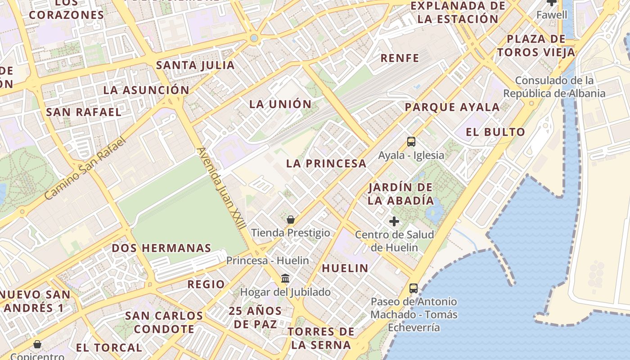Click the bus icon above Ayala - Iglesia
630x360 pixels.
[x=411, y=142]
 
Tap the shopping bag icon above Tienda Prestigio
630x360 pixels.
[x=291, y=220]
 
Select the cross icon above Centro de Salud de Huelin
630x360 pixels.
[x=394, y=221]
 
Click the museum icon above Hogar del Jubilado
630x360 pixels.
[x=285, y=279]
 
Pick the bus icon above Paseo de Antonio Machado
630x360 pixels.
[x=413, y=288]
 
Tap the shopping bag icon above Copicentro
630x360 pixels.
[x=37, y=344]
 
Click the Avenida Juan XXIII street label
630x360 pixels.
[x=221, y=188]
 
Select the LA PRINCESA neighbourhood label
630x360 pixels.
[x=326, y=164]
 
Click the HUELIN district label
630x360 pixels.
[x=345, y=269]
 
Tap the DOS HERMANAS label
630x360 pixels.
[x=161, y=248]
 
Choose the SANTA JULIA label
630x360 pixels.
[x=195, y=65]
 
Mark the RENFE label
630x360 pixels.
[x=400, y=58]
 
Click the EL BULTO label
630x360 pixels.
[x=495, y=132]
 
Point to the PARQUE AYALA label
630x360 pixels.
[x=452, y=108]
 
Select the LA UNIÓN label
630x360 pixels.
[x=280, y=104]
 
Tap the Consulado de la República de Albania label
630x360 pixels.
[x=554, y=87]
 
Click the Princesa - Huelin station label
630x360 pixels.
[x=267, y=261]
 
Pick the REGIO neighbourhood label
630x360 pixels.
[x=206, y=284]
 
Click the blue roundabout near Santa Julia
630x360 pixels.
[x=254, y=38]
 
